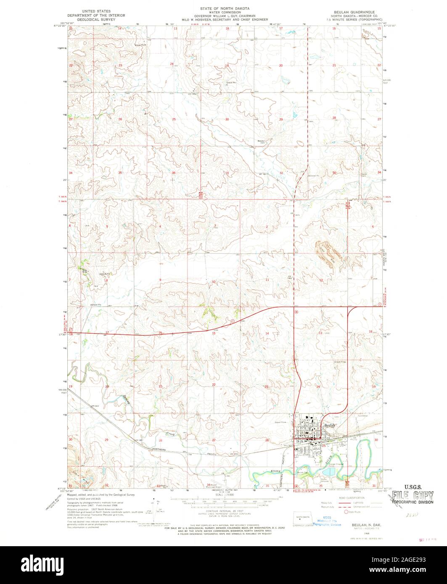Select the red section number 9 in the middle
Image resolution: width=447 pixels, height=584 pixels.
tap(160, 279)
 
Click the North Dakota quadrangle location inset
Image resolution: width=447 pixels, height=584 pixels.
tap(301, 518)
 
